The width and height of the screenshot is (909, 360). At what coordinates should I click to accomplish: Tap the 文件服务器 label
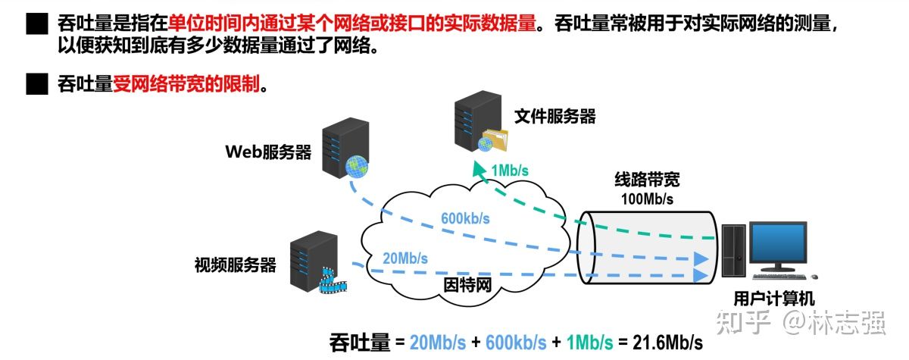tap(554, 116)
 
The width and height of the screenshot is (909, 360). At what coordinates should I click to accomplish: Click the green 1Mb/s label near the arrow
tap(509, 171)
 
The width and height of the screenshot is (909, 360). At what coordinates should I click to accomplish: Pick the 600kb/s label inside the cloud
tap(465, 220)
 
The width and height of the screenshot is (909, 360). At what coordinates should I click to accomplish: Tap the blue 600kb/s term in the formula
tap(513, 342)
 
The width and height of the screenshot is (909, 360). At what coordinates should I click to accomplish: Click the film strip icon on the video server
tap(330, 281)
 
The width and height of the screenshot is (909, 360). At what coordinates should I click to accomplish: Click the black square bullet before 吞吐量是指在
tap(36, 25)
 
